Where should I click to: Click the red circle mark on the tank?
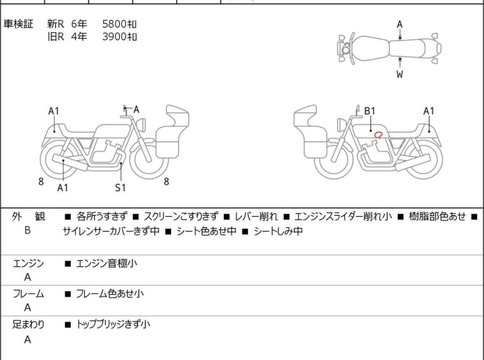click(379, 134)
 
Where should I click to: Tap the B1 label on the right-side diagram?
click(370, 111)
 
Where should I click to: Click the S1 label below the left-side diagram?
click(121, 187)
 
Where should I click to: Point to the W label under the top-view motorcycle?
click(399, 74)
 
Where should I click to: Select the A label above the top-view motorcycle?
click(399, 24)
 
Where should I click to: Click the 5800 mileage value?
click(119, 24)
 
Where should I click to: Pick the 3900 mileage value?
click(119, 37)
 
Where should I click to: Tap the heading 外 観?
click(28, 217)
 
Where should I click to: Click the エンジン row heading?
click(28, 263)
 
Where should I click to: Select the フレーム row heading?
click(28, 294)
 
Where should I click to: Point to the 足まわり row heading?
click(28, 325)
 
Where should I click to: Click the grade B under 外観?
click(28, 232)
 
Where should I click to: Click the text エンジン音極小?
click(106, 263)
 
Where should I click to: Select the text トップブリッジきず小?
click(113, 325)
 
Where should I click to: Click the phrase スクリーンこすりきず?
click(181, 217)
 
